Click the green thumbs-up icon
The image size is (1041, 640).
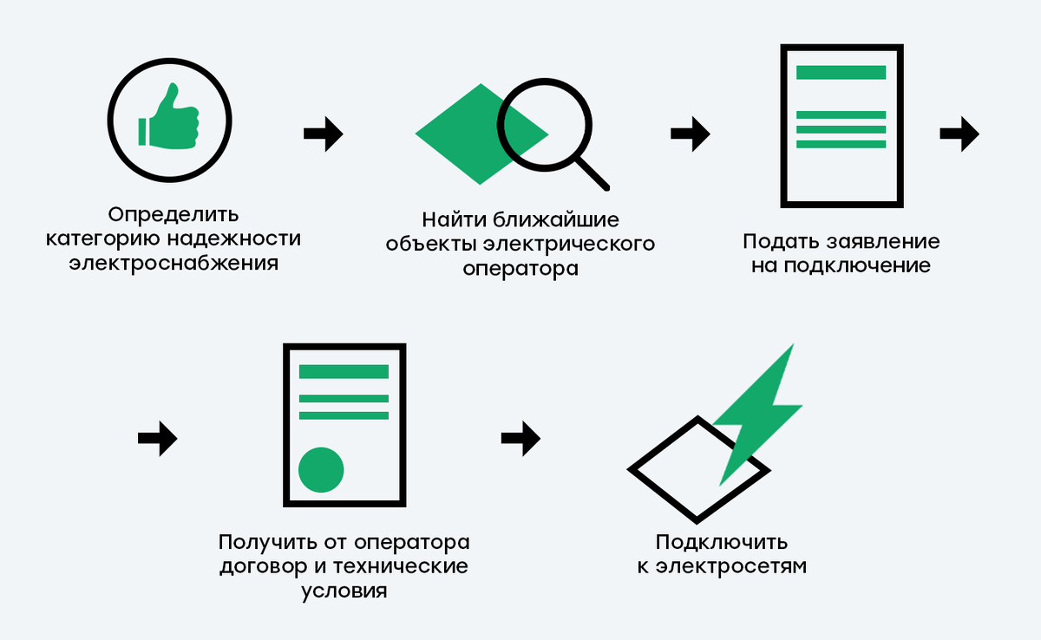click(x=168, y=120)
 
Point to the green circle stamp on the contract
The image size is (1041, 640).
click(x=321, y=470)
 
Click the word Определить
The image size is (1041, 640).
click(x=173, y=214)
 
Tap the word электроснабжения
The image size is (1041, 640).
click(x=173, y=263)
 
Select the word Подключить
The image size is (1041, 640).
click(x=722, y=543)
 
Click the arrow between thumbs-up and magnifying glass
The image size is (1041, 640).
click(x=324, y=134)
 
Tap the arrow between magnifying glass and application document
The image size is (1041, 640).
click(x=691, y=134)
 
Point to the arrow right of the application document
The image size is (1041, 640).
click(x=959, y=134)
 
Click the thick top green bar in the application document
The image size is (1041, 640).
click(x=841, y=73)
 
